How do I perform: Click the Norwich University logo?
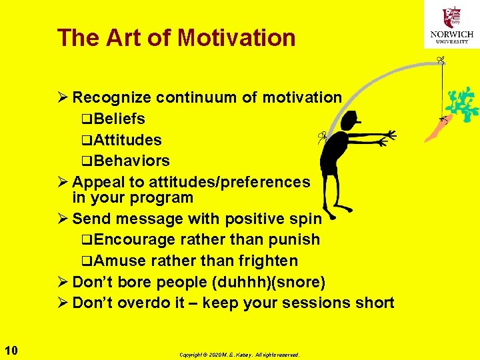pyautogui.click(x=452, y=25)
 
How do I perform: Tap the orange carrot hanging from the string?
pyautogui.click(x=437, y=129)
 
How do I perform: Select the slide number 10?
pyautogui.click(x=11, y=350)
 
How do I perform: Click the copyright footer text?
pyautogui.click(x=239, y=355)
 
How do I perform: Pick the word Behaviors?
pyautogui.click(x=132, y=161)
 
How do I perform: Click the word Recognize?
pyautogui.click(x=111, y=97)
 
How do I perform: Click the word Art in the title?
pyautogui.click(x=125, y=37)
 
